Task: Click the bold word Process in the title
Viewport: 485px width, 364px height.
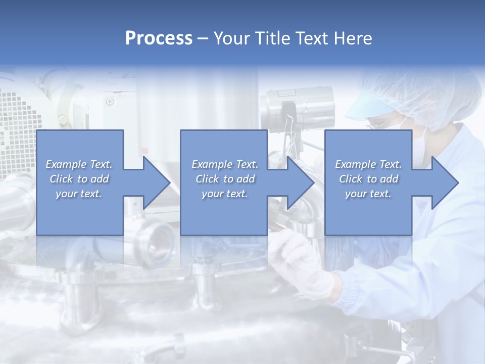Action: tap(159, 38)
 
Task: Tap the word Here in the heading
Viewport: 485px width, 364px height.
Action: tap(353, 38)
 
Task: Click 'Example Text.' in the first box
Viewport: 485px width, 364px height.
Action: tap(79, 164)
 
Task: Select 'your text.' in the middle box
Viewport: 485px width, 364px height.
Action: tap(224, 194)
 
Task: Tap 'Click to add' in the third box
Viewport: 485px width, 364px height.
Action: tap(368, 179)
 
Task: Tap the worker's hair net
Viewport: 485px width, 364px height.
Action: tap(429, 94)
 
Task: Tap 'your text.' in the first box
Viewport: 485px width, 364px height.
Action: tap(79, 194)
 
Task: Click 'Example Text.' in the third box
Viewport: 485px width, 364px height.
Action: tap(368, 164)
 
